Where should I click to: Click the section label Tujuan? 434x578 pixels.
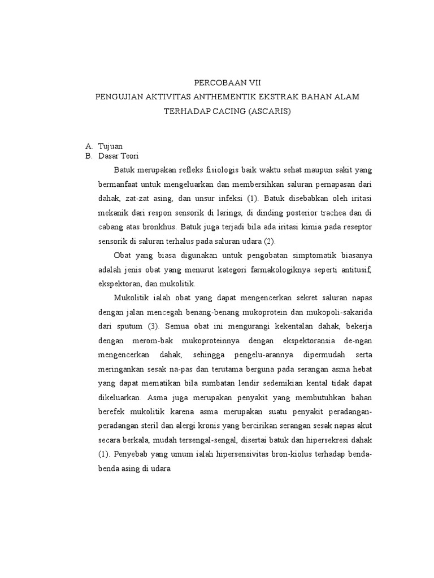coord(111,146)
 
